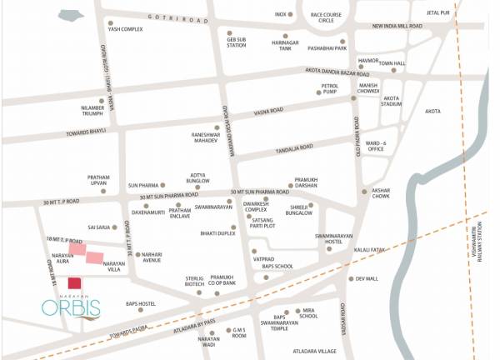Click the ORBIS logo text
tap(71, 307)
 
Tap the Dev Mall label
tap(367, 279)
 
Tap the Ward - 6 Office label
tap(376, 147)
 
